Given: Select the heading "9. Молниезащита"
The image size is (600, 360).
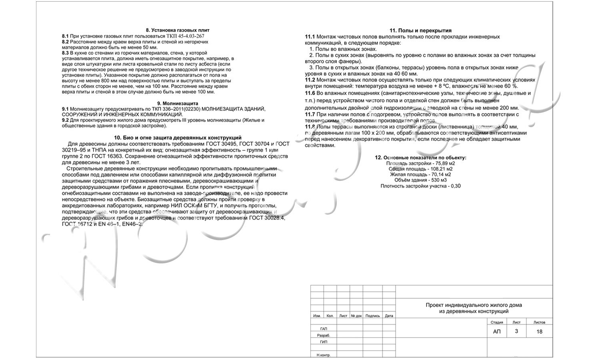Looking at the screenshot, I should click(x=178, y=103).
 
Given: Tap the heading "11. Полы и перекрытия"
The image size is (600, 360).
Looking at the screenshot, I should click(x=420, y=30).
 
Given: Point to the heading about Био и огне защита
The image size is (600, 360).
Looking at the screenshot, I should click(x=178, y=138).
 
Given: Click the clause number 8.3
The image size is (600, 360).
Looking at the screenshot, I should click(x=66, y=53).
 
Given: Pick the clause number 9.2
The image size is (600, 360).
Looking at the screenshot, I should click(x=66, y=120).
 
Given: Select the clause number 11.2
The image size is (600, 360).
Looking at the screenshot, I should click(x=310, y=80).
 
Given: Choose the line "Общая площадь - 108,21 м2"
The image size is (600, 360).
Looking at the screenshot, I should click(x=420, y=169).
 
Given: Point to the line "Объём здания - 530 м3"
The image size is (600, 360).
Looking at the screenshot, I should click(x=420, y=180).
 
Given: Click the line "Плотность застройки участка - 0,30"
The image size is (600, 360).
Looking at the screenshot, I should click(x=420, y=186).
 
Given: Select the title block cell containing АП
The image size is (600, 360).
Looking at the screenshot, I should click(x=497, y=332).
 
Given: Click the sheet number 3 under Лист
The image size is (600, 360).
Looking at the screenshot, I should click(x=516, y=331).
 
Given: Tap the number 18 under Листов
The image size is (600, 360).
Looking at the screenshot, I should click(x=539, y=332).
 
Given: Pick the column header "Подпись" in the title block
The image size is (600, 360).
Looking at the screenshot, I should click(x=373, y=316).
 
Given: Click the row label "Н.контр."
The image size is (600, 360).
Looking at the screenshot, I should click(x=324, y=355).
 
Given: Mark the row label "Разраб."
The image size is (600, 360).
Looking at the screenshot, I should click(x=324, y=335).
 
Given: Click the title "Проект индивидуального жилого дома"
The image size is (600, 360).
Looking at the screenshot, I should click(x=474, y=305).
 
